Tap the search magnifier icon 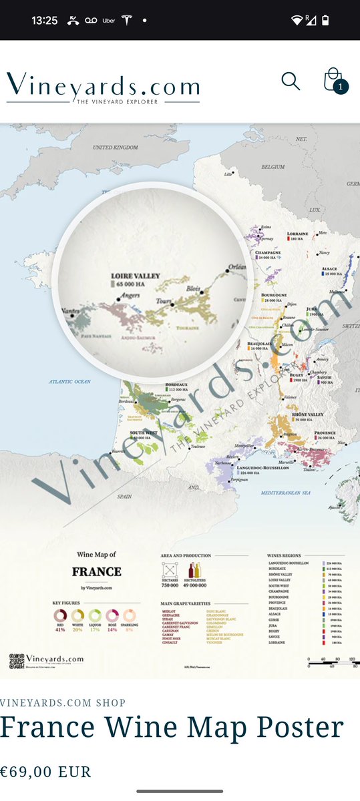(x=291, y=81)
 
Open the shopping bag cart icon (x=333, y=81)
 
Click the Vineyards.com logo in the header (x=103, y=87)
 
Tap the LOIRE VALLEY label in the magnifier (x=136, y=275)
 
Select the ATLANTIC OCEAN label (x=69, y=381)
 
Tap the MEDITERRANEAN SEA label (x=286, y=493)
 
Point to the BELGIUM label (x=273, y=166)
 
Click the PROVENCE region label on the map (x=325, y=433)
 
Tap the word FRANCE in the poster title (x=97, y=572)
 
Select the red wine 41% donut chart (x=60, y=615)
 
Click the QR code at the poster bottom (x=17, y=661)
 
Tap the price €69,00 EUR (x=45, y=772)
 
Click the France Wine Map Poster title (x=172, y=728)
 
